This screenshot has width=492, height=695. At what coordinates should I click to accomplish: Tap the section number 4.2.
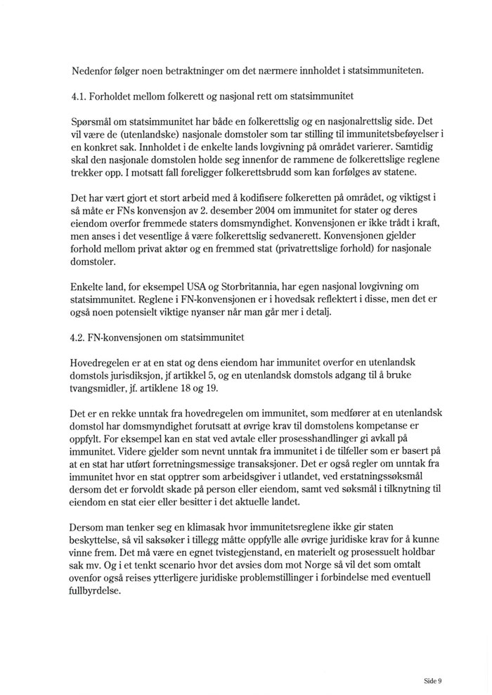pyautogui.click(x=80, y=337)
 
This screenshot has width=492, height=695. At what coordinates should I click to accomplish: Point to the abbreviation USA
pyautogui.click(x=199, y=284)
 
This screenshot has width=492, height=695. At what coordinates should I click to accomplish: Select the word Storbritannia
pyautogui.click(x=250, y=284)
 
